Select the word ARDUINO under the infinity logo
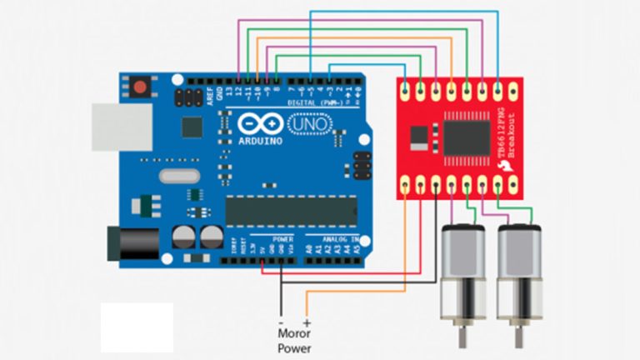(x=260, y=142)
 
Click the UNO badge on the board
(x=308, y=125)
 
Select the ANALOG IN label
(x=334, y=237)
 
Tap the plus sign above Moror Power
(x=307, y=322)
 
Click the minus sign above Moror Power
(x=281, y=322)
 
